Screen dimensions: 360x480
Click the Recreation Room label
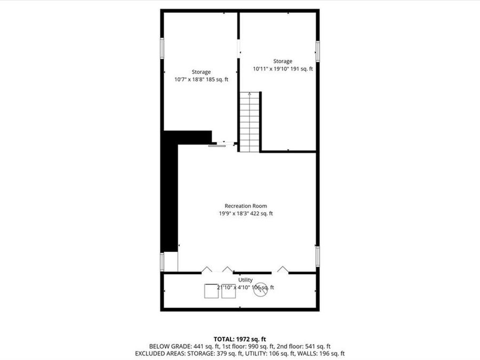click(x=245, y=206)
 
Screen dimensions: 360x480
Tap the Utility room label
click(x=245, y=280)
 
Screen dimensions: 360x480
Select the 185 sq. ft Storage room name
click(x=201, y=72)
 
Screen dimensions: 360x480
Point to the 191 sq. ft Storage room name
click(x=283, y=61)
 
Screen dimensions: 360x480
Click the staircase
click(x=249, y=122)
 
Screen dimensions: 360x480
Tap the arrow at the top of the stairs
click(x=249, y=94)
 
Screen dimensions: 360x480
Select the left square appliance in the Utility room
click(x=211, y=291)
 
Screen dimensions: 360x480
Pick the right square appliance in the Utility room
click(x=228, y=291)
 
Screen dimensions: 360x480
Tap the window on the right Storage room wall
click(x=317, y=52)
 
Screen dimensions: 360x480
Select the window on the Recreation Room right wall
click(x=317, y=256)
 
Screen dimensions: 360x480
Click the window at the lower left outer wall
click(x=162, y=261)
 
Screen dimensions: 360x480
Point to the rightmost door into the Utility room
click(x=283, y=270)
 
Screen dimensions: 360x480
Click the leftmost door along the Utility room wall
click(x=206, y=270)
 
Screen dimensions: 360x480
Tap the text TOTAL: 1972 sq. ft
click(x=239, y=339)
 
